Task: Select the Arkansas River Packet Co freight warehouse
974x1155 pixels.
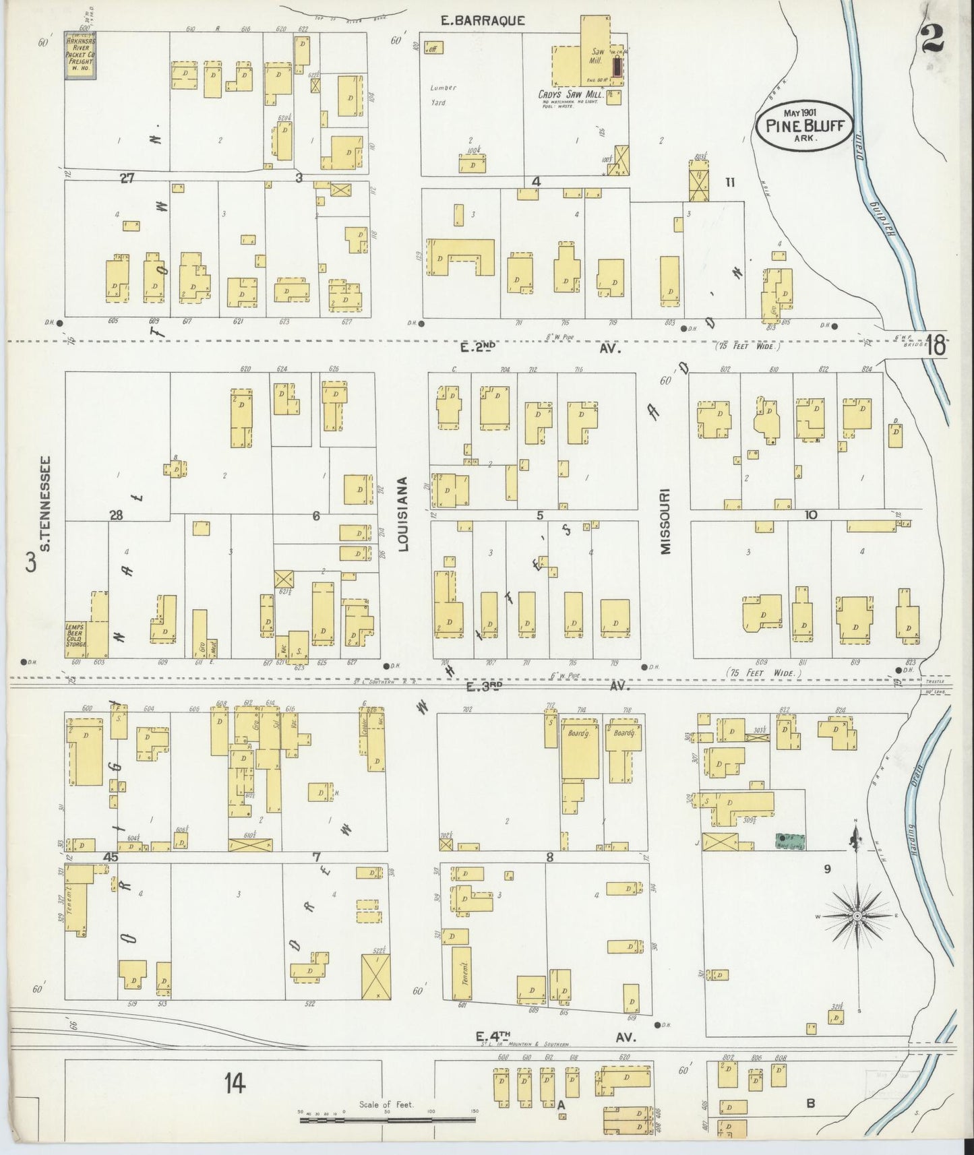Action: pos(80,55)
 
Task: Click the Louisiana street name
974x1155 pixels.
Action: pos(403,514)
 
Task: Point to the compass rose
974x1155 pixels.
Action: pos(856,916)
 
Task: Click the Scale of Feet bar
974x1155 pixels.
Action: pos(388,1119)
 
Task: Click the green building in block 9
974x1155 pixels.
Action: pos(790,840)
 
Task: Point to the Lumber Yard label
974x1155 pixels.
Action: pos(444,95)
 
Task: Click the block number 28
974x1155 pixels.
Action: pos(117,516)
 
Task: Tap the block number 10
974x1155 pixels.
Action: pos(810,515)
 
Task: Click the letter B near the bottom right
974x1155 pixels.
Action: pos(811,1104)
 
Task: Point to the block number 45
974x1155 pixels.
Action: pos(111,856)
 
